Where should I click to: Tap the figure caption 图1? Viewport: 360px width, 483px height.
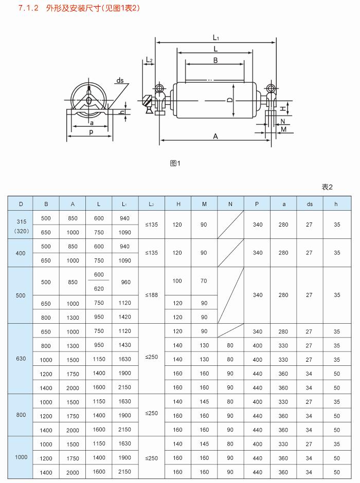175,163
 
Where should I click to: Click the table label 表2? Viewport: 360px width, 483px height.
327,187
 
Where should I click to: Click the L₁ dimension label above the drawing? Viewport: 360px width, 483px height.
216,38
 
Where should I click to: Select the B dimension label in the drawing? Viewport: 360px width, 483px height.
215,60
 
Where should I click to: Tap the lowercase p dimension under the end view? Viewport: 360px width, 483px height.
91,132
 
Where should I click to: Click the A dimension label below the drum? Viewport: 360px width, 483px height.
215,136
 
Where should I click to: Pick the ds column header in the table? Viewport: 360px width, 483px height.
309,204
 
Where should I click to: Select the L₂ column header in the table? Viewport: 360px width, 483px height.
151,204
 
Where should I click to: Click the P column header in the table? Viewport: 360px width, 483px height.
257,204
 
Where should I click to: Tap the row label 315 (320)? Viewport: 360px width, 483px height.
21,225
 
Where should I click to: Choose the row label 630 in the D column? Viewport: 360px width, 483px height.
21,358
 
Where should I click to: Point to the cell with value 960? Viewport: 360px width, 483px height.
125,282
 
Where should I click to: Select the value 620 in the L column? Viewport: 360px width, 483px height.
99,289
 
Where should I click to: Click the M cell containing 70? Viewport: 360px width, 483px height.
204,281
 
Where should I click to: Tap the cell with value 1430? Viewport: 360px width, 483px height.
125,345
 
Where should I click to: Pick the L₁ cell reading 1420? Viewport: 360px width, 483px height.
125,317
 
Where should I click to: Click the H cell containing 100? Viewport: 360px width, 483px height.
177,281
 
